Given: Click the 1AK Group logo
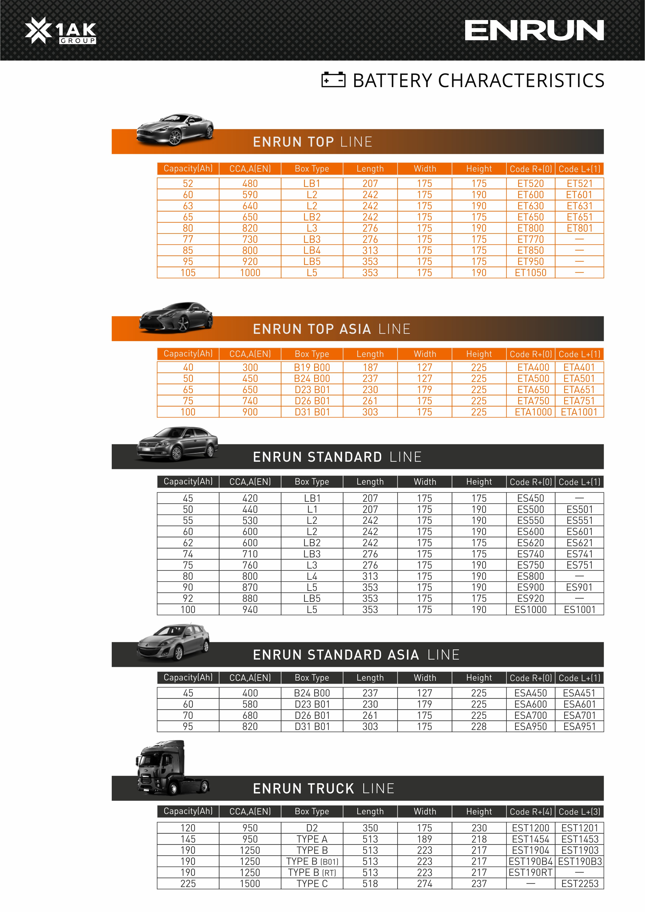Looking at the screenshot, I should (60, 31).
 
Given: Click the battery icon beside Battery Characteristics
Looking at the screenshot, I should (333, 80).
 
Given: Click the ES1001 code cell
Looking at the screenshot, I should (580, 610).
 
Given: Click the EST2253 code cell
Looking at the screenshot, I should (580, 884).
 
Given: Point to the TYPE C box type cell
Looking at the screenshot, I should (312, 884).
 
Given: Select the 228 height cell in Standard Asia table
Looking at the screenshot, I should (479, 726).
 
